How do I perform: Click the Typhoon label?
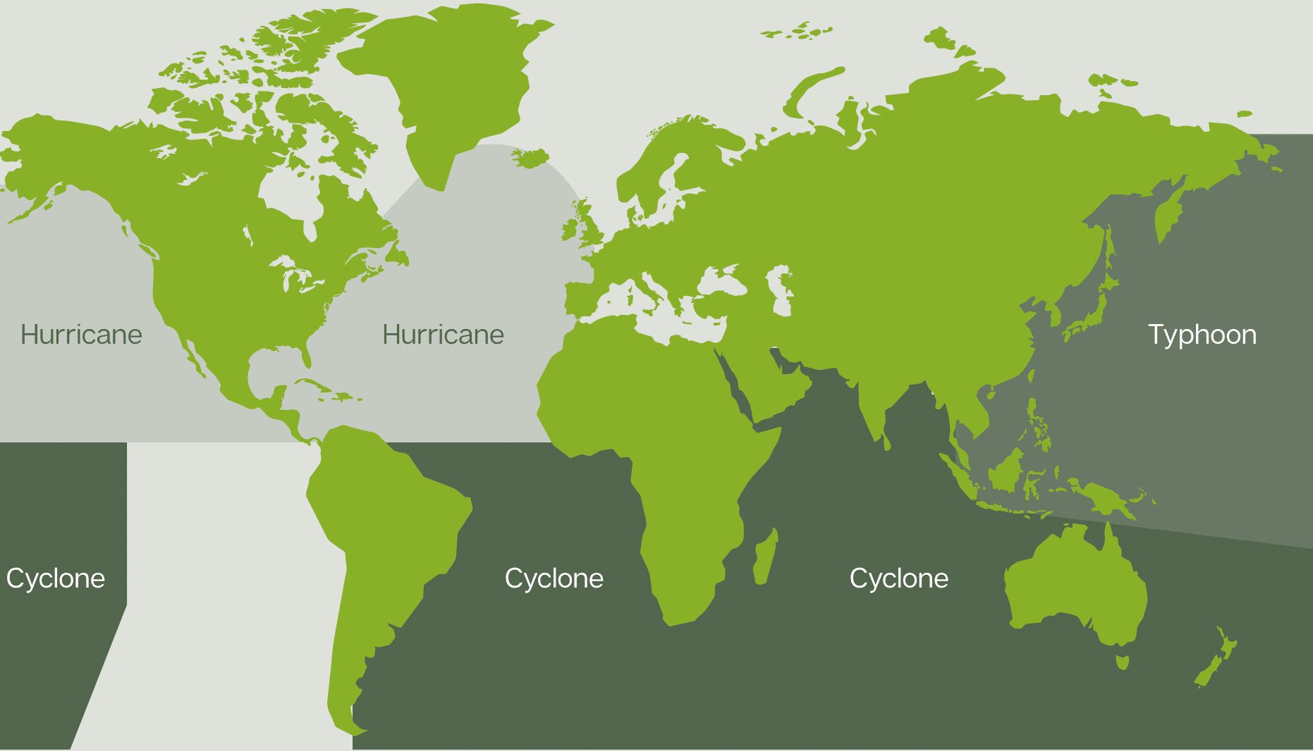(x=1202, y=335)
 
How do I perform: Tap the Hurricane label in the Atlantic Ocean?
(x=443, y=335)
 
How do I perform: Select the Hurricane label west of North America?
(x=81, y=335)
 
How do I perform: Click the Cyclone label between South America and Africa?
(x=554, y=578)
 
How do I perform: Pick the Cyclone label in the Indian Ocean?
(x=898, y=578)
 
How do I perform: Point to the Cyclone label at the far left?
(x=56, y=578)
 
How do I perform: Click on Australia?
(x=1072, y=585)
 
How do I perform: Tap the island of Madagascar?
(x=766, y=557)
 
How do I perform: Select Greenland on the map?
(x=451, y=77)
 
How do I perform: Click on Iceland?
(x=530, y=157)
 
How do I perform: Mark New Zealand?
(x=1216, y=659)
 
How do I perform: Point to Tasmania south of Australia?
(x=1122, y=662)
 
